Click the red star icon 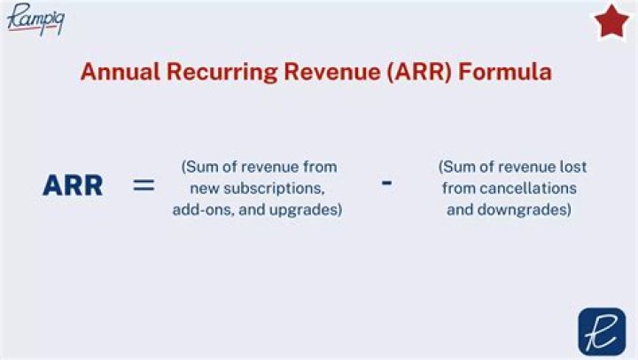pyautogui.click(x=611, y=22)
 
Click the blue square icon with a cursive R pyautogui.click(x=602, y=331)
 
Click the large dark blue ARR pyautogui.click(x=73, y=186)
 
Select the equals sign pyautogui.click(x=144, y=186)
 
